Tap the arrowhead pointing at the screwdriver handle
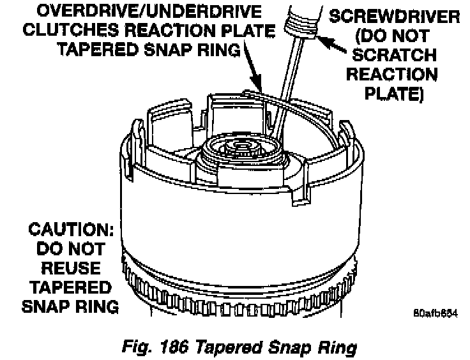(x=322, y=40)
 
